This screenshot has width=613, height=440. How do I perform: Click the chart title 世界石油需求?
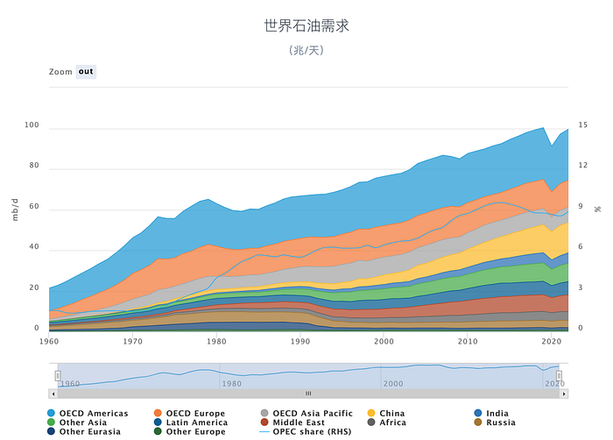306,25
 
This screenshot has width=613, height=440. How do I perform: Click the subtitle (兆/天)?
306,50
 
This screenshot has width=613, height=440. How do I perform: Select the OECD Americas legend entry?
88,414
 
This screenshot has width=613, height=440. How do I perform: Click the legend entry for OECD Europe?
190,414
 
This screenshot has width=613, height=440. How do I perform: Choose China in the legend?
386,414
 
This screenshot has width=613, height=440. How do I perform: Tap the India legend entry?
491,414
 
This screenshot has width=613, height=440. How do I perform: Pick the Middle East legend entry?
292,422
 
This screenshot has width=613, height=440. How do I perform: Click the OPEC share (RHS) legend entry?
306,431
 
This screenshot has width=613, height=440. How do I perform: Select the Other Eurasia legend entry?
84,431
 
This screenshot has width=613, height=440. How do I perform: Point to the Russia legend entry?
495,422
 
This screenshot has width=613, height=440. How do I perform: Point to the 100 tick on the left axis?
32,124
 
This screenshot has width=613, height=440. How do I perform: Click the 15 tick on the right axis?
583,124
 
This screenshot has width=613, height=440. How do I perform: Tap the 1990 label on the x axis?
300,341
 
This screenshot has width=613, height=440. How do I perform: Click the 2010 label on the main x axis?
468,341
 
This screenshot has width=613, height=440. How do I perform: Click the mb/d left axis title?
15,209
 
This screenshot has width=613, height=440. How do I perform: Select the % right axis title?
598,209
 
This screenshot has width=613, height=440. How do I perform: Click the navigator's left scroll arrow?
53,394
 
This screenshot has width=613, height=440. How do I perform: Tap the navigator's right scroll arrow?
564,394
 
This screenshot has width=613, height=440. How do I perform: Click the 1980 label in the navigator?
231,384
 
